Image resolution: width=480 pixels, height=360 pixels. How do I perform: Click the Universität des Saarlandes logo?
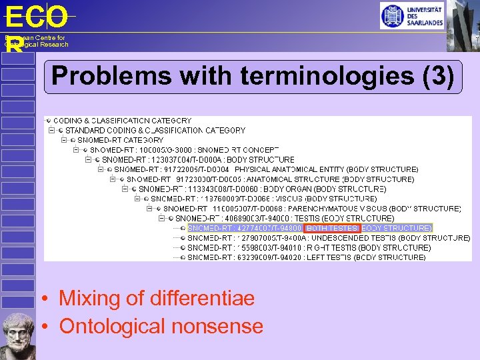tap(412, 15)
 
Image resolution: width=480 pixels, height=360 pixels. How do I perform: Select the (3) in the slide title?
tap(439, 76)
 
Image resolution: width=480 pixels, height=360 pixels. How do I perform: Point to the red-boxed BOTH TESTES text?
tap(331, 228)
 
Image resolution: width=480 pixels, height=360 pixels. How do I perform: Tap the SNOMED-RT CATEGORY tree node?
tap(120, 140)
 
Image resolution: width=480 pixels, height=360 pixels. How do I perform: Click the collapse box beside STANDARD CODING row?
tap(51, 131)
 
